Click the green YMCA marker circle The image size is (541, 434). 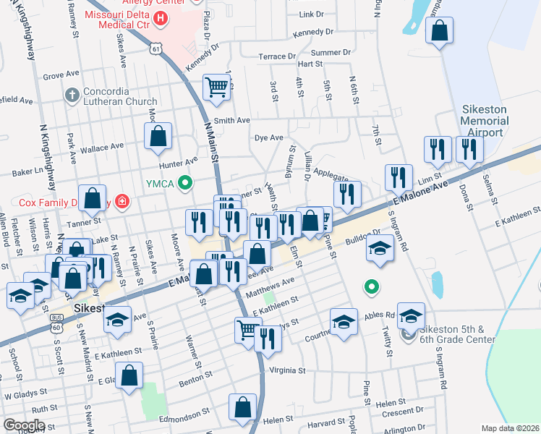(x=185, y=183)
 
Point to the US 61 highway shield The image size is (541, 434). (x=157, y=48)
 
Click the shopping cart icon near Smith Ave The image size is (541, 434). (x=216, y=87)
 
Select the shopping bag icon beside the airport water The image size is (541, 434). (x=438, y=30)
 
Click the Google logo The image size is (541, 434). (x=24, y=425)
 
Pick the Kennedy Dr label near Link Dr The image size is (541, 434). (x=313, y=33)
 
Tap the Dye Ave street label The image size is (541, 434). (x=268, y=137)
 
